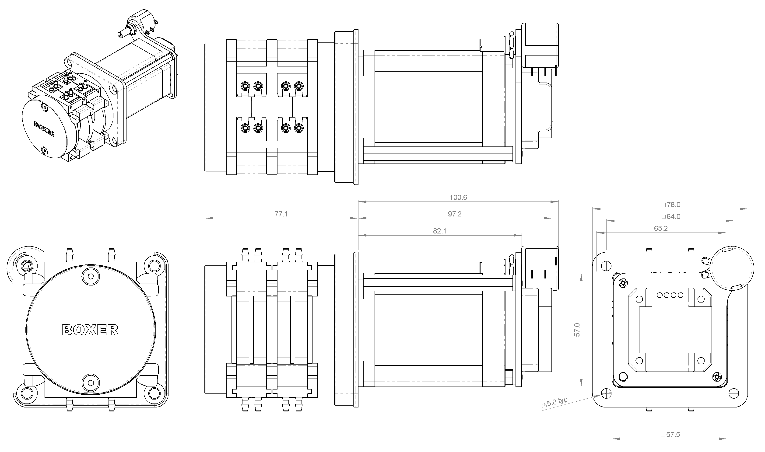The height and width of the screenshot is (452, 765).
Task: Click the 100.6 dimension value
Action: pyautogui.click(x=458, y=197)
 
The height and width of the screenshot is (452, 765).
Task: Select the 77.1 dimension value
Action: pyautogui.click(x=281, y=214)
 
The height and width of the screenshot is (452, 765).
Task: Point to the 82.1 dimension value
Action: pyautogui.click(x=439, y=231)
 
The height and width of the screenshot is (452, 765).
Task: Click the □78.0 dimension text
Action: pyautogui.click(x=671, y=205)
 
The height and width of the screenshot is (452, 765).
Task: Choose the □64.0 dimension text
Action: pyautogui.click(x=671, y=217)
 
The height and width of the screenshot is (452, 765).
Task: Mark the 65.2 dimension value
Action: pyautogui.click(x=661, y=228)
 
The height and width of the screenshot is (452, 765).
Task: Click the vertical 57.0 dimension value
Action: pyautogui.click(x=577, y=330)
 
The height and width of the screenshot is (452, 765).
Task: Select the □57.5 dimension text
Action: pyautogui.click(x=670, y=435)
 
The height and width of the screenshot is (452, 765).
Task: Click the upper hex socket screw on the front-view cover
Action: pyautogui.click(x=91, y=277)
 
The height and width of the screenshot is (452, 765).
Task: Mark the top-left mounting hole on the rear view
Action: pyautogui.click(x=606, y=266)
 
